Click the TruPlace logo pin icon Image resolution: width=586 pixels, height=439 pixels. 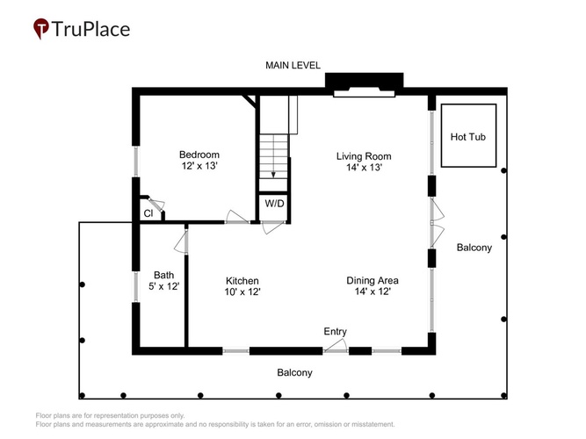point(41,28)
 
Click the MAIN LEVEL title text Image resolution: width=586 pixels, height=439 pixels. point(293,65)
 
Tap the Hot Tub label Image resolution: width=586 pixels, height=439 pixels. point(468,137)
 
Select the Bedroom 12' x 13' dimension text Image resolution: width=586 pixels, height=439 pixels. point(199,166)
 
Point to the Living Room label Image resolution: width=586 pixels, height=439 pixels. point(364,156)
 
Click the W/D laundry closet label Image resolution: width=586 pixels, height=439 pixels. point(274,204)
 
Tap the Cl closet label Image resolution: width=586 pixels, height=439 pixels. point(148,213)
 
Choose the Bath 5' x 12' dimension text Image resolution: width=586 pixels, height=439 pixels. point(164,286)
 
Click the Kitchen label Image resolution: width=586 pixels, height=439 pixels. point(242,281)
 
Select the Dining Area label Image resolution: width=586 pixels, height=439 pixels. point(373,280)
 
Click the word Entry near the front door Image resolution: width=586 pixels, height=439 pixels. point(336,331)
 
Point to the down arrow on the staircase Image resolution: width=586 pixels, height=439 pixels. point(273,156)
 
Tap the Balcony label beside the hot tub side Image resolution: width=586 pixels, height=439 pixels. point(474,248)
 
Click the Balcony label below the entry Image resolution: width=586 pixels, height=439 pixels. point(294,372)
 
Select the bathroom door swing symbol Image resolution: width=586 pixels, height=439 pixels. point(181,241)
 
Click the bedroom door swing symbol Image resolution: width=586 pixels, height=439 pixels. point(237,217)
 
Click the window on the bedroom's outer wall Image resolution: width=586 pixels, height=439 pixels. point(136,161)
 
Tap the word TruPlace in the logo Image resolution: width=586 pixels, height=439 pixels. point(90,29)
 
